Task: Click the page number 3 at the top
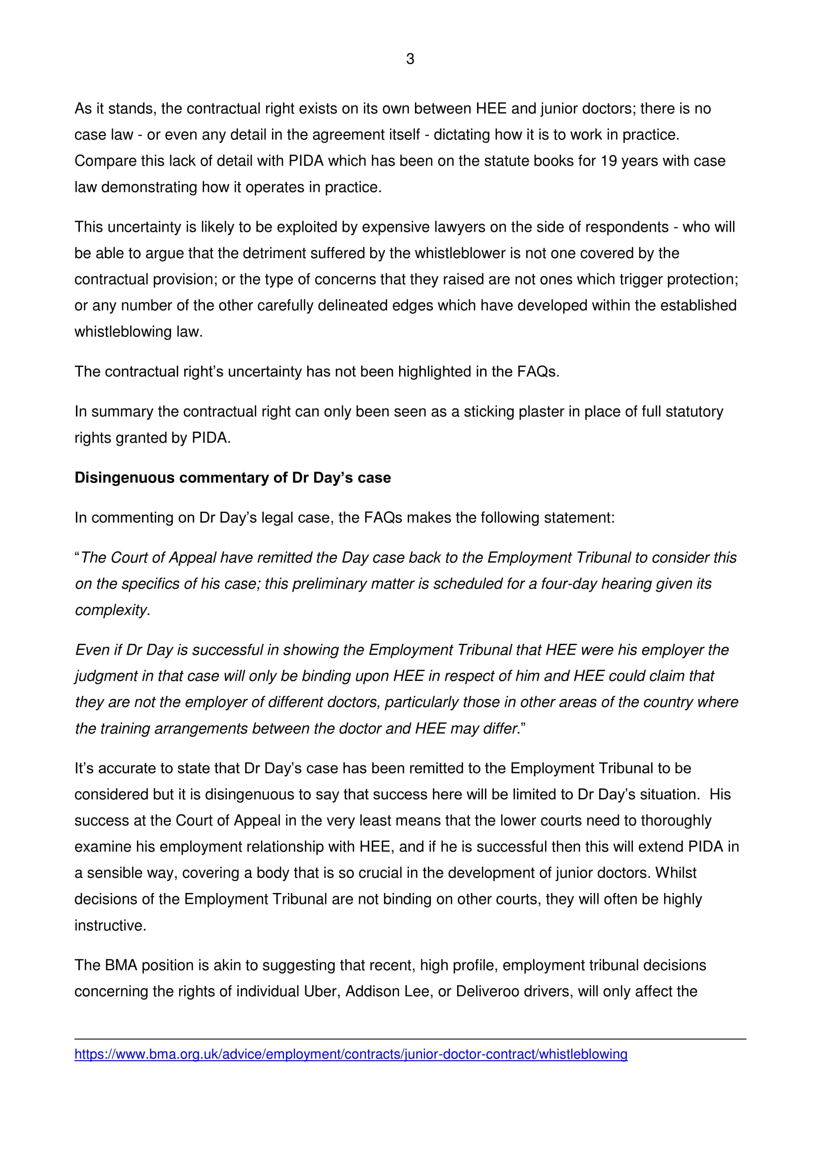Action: [x=410, y=59]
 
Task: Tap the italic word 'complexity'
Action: [x=111, y=611]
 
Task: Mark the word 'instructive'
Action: [x=110, y=926]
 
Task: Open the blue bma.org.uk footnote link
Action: [x=351, y=1054]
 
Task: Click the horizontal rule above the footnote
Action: [x=410, y=1039]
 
